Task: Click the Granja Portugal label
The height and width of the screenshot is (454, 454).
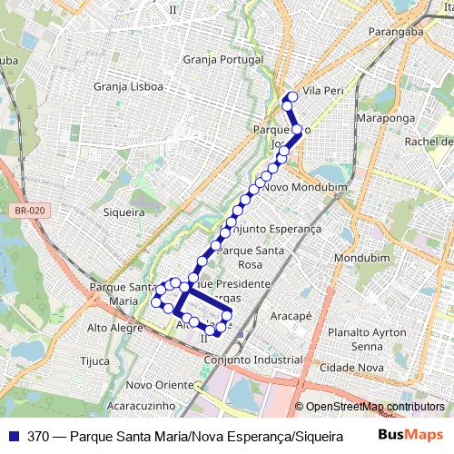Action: pyautogui.click(x=222, y=59)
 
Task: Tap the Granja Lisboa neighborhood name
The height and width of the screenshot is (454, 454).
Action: pyautogui.click(x=129, y=87)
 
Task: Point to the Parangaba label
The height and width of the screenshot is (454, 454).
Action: pyautogui.click(x=397, y=32)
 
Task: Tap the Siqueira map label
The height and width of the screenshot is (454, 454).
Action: pyautogui.click(x=124, y=212)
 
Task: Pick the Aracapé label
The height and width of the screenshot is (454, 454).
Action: pyautogui.click(x=291, y=316)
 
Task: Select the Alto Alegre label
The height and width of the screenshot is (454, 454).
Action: pyautogui.click(x=110, y=327)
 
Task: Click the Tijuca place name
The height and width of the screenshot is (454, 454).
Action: pyautogui.click(x=94, y=360)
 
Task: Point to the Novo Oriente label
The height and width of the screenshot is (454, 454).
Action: pyautogui.click(x=161, y=385)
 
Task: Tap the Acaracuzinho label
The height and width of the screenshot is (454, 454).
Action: pyautogui.click(x=141, y=408)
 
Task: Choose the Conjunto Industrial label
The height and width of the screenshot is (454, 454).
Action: pyautogui.click(x=253, y=360)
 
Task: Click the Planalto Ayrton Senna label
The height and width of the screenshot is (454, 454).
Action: pyautogui.click(x=368, y=339)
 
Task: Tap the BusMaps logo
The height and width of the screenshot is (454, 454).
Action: pyautogui.click(x=416, y=436)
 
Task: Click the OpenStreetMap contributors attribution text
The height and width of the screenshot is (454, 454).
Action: pyautogui.click(x=374, y=407)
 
